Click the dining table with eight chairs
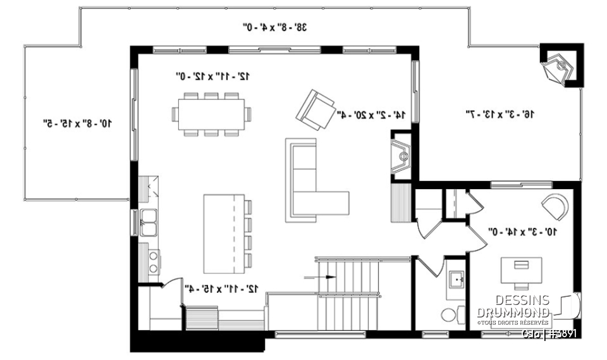(x=211, y=115)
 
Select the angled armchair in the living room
(x=316, y=109)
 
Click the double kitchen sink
(x=149, y=222)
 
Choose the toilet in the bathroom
(x=450, y=314)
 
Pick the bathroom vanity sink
(x=455, y=278)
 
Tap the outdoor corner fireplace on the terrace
(x=560, y=66)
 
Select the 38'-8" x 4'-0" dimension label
(x=275, y=27)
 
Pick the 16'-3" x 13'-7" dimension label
(x=500, y=115)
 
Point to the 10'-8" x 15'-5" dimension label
(x=77, y=123)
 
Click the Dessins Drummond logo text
(x=513, y=307)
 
